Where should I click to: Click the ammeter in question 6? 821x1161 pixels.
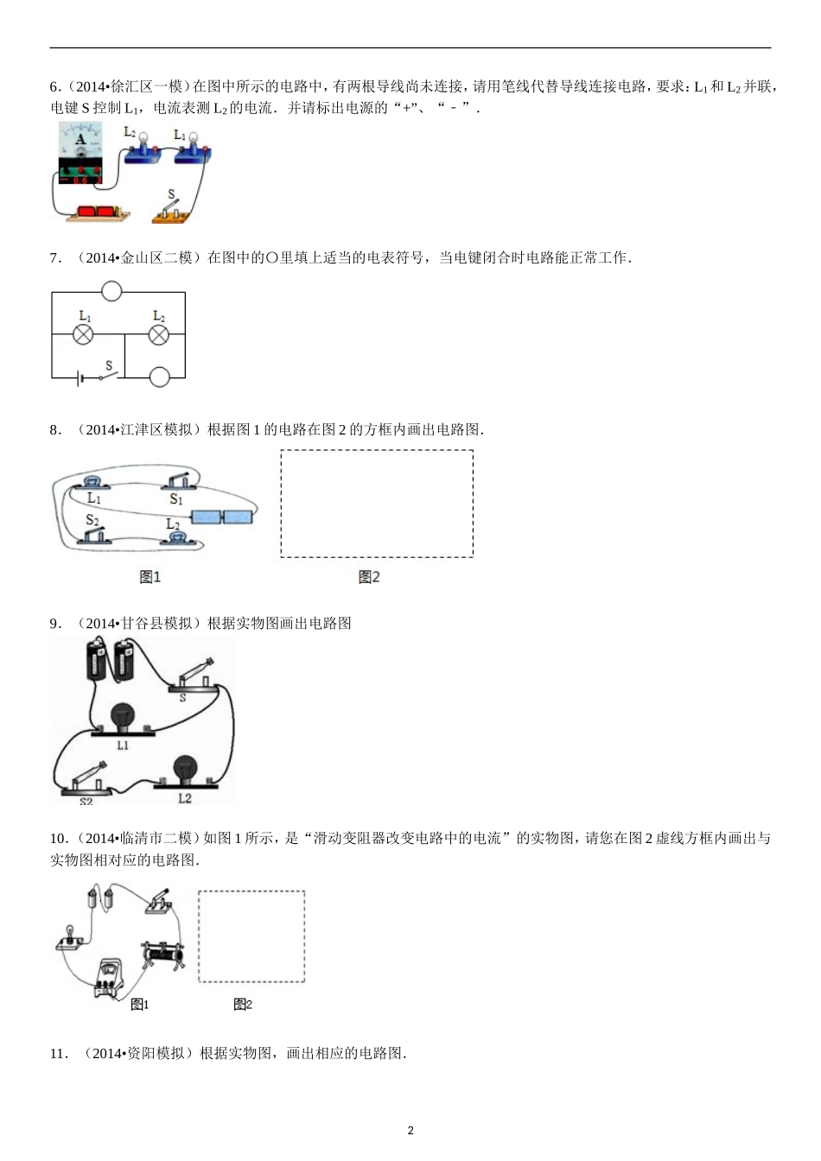(x=80, y=153)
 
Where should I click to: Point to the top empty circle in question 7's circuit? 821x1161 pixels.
(x=111, y=291)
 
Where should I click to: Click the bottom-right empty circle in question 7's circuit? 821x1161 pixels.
(x=160, y=377)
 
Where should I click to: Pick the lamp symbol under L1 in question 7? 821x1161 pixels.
(x=84, y=335)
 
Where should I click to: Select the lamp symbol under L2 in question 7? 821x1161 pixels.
(x=158, y=335)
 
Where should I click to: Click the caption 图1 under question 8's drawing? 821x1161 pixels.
(x=150, y=577)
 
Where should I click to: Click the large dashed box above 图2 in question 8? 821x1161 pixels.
(x=377, y=504)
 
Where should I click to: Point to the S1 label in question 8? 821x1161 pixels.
(x=176, y=499)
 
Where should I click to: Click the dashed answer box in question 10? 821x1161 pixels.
(x=251, y=936)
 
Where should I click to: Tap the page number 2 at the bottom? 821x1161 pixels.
(x=410, y=1131)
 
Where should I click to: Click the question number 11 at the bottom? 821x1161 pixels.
(x=58, y=1053)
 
